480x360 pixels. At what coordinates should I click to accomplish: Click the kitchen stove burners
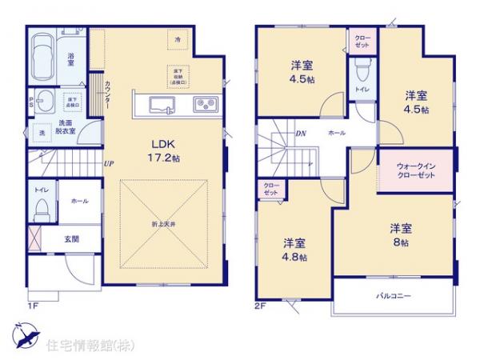[203, 103]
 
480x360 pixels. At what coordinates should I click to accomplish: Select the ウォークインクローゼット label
[414, 170]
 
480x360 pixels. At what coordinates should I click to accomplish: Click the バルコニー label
[393, 296]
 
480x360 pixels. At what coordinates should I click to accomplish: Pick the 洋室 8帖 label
[399, 234]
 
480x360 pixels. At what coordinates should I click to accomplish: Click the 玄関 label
[71, 238]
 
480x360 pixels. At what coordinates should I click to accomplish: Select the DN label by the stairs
[301, 134]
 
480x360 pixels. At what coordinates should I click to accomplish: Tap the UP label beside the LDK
[109, 165]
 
